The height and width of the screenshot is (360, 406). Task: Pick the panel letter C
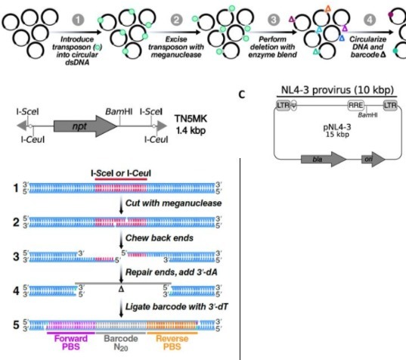point(242,95)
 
